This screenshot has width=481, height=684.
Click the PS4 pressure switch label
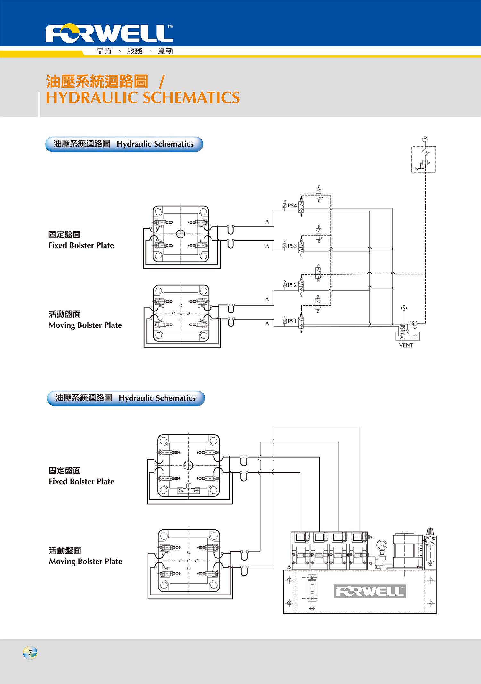pos(292,206)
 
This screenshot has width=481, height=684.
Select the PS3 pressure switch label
pos(292,246)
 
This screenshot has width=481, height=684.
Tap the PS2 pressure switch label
pos(292,285)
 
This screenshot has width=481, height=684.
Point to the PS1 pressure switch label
pos(292,321)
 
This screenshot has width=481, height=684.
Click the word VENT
pos(406,345)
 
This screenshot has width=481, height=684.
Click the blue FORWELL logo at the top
pos(109,33)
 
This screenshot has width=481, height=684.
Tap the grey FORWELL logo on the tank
pos(370,591)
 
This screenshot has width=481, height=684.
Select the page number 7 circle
pos(30,653)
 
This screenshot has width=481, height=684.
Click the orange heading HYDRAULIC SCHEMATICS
pos(143,98)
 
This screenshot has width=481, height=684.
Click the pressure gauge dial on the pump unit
pos(382,545)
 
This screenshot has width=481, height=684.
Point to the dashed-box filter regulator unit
pos(424,159)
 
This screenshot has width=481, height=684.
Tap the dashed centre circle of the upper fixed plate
pos(181,234)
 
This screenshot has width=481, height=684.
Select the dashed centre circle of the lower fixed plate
pos(188,465)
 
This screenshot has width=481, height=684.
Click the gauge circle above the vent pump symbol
pos(404,308)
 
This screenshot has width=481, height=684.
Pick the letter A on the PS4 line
pos(267,222)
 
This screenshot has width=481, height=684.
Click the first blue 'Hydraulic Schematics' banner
pos(124,144)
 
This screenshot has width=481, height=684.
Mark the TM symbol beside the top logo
pos(170,27)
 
